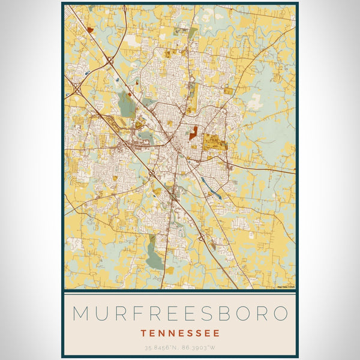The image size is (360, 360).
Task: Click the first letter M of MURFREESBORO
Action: (x=81, y=313)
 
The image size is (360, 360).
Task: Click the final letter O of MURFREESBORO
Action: (x=278, y=313)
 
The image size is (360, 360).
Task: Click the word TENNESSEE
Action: (x=180, y=332)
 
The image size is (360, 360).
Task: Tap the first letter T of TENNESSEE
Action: (x=144, y=332)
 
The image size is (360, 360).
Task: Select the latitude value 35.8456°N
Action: (x=161, y=347)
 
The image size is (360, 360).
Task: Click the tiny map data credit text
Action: (x=286, y=287)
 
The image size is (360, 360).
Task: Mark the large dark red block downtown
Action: (x=193, y=133)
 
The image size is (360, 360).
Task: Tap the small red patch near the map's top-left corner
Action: (x=90, y=29)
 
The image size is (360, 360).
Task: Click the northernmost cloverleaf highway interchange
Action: (x=110, y=59)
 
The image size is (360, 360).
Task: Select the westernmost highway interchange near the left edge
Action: (x=77, y=90)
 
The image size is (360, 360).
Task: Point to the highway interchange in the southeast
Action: (x=202, y=239)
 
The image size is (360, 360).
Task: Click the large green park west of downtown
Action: (x=127, y=106)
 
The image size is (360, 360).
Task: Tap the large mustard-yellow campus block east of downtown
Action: (x=211, y=142)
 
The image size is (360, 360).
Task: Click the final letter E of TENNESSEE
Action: (x=216, y=332)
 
